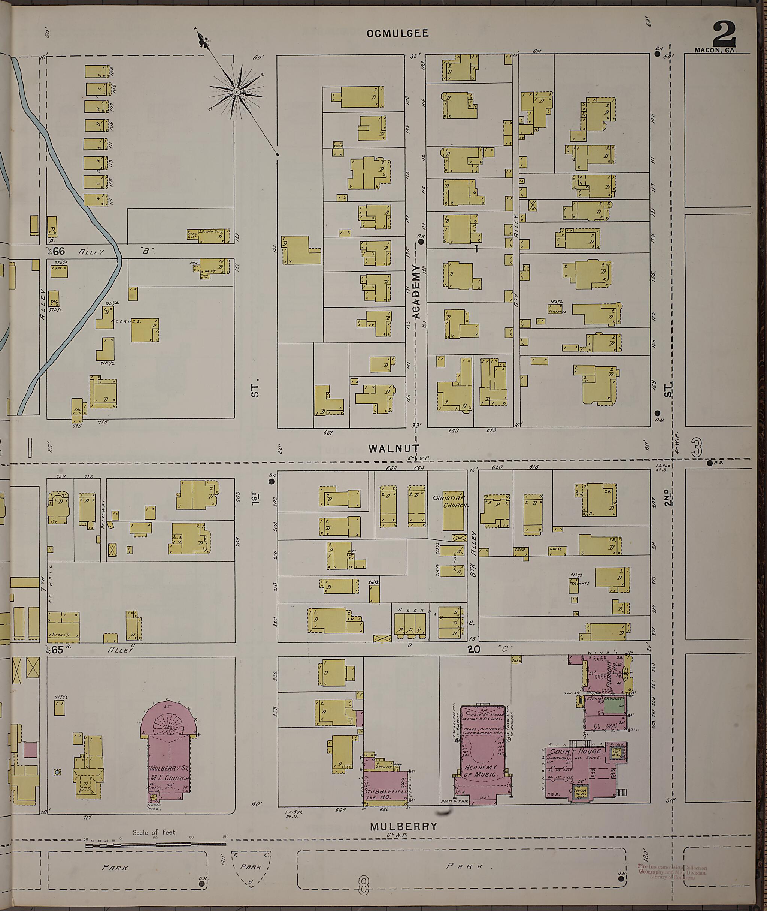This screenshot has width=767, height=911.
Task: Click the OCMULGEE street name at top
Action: click(397, 33)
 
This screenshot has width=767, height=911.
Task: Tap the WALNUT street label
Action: click(394, 448)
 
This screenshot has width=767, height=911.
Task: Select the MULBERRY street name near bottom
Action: click(403, 827)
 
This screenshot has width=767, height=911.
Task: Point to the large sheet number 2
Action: click(724, 34)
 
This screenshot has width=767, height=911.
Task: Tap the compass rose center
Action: click(237, 92)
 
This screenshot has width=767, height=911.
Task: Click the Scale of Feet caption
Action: click(154, 832)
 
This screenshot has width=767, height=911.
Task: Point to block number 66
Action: click(59, 251)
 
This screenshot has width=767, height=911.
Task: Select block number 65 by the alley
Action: click(57, 650)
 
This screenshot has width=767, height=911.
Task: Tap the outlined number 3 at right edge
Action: click(697, 448)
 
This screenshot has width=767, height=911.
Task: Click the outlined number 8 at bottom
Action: click(364, 886)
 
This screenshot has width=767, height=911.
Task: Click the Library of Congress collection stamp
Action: click(672, 872)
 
